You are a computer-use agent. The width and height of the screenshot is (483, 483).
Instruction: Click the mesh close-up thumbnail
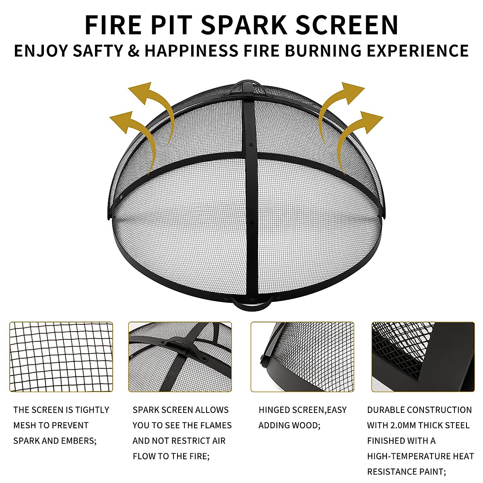pos(61,357)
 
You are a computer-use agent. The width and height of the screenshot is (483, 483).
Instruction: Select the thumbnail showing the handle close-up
pos(180,357)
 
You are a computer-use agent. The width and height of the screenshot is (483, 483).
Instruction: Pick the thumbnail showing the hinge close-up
pos(302,357)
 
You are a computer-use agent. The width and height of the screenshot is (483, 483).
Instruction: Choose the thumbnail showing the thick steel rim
pos(423,357)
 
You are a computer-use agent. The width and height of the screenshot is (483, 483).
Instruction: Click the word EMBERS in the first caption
pos(77,441)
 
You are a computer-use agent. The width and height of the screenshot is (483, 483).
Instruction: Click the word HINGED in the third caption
pos(272,410)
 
